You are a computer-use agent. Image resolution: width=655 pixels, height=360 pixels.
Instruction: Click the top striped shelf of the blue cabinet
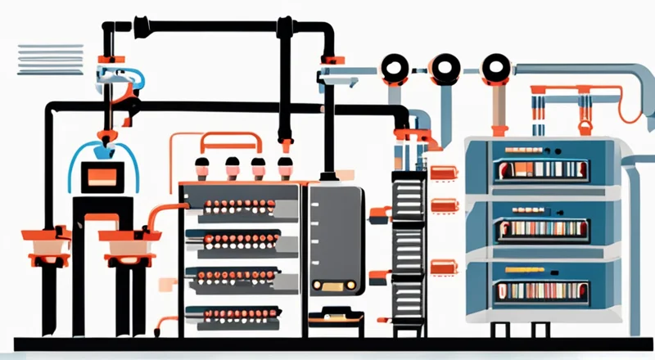point(541,169)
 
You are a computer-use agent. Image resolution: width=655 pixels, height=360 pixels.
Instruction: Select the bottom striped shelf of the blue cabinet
point(541,290)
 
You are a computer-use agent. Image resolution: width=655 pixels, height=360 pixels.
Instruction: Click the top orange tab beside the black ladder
point(444,173)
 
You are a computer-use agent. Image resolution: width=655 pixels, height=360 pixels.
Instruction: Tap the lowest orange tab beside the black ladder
point(443,267)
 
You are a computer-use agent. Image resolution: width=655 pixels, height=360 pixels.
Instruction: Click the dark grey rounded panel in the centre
point(335,237)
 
